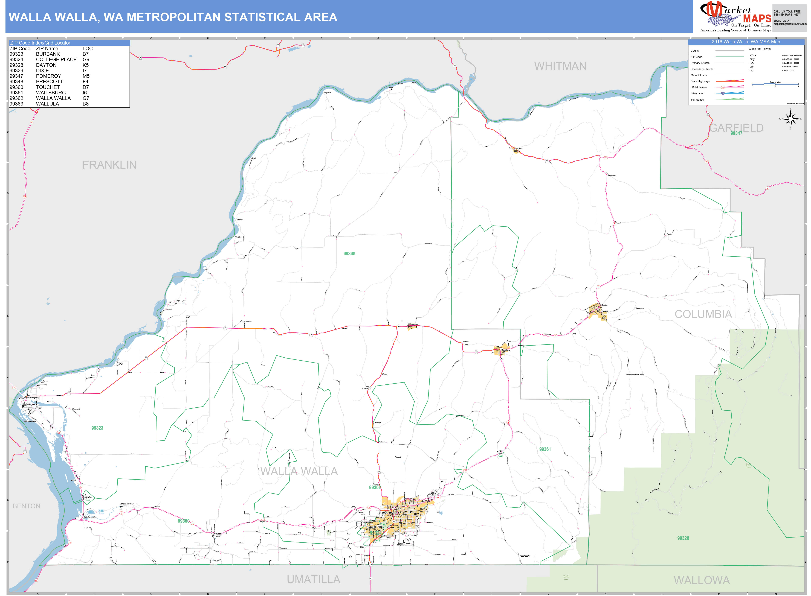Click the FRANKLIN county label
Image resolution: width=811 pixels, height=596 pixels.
(x=109, y=165)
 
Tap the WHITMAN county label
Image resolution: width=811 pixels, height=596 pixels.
(x=560, y=66)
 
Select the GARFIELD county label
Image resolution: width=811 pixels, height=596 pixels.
(x=736, y=128)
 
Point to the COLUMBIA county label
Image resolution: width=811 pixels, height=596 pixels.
(x=703, y=314)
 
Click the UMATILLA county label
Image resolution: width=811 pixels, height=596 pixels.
(x=313, y=579)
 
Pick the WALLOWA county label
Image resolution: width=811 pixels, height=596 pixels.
(x=702, y=580)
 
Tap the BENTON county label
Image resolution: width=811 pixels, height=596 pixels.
(x=26, y=506)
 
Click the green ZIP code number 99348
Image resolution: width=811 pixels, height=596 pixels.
(x=349, y=254)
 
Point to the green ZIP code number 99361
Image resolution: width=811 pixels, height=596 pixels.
(x=545, y=449)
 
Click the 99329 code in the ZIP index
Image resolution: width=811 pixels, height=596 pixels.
(x=16, y=71)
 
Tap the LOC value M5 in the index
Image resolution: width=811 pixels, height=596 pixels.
(x=86, y=76)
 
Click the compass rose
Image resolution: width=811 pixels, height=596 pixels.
(x=790, y=119)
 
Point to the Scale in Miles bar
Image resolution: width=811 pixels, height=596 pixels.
(x=775, y=84)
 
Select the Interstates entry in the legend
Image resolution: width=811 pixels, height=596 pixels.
(x=697, y=94)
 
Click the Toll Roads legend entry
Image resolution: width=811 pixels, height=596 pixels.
(x=697, y=100)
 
